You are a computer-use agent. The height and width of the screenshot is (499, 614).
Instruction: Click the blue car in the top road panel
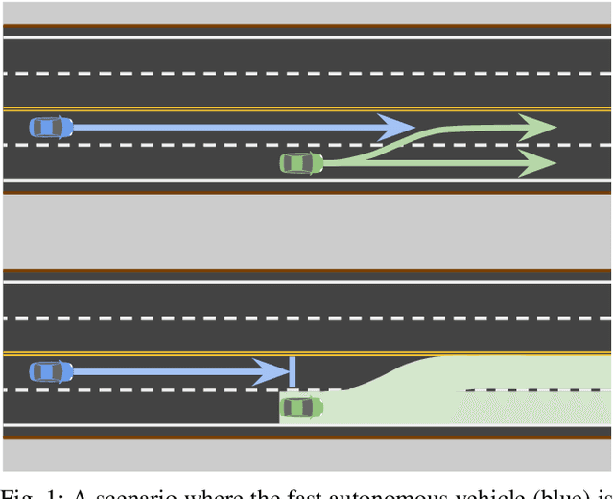click(x=51, y=127)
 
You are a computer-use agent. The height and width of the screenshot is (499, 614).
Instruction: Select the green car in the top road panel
click(x=301, y=164)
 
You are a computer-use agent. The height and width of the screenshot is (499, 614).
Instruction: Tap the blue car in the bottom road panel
click(x=51, y=371)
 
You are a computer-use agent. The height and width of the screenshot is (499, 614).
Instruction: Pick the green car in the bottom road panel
click(x=301, y=408)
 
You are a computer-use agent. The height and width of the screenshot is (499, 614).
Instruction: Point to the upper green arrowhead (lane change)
click(x=537, y=127)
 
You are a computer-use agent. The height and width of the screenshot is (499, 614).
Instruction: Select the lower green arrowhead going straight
click(x=537, y=163)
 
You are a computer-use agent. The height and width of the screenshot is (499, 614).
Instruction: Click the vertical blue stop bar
click(x=292, y=371)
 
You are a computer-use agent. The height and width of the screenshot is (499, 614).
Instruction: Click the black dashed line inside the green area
click(x=537, y=390)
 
